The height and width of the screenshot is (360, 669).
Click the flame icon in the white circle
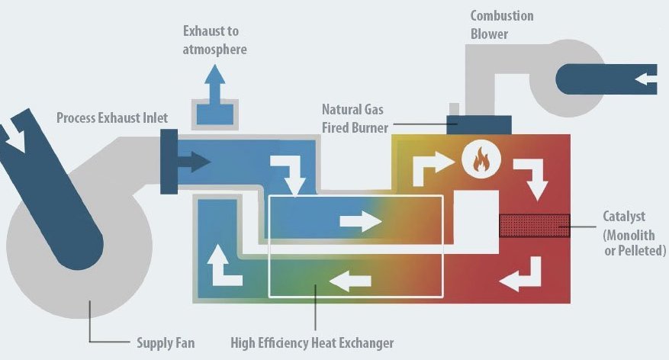pyautogui.click(x=480, y=162)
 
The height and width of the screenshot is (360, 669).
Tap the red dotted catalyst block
pyautogui.click(x=534, y=227)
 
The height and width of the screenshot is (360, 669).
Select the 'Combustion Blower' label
pyautogui.click(x=501, y=24)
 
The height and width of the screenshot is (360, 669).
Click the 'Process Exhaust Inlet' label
pyautogui.click(x=111, y=118)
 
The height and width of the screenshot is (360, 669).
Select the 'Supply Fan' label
pyautogui.click(x=166, y=342)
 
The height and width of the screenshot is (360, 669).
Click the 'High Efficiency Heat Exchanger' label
pyautogui.click(x=312, y=342)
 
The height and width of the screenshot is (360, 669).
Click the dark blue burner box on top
pyautogui.click(x=479, y=124)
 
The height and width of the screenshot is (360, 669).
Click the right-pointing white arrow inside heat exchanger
pyautogui.click(x=360, y=222)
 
